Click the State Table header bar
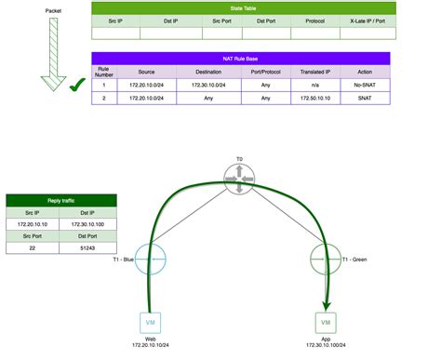tap(244, 8)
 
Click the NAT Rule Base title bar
tap(244, 58)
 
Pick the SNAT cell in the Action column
tap(364, 97)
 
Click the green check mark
tap(78, 87)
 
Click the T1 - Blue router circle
tap(150, 258)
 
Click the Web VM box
tap(150, 322)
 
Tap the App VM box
tap(326, 322)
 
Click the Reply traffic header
tap(61, 200)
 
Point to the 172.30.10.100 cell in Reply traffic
tap(88, 223)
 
